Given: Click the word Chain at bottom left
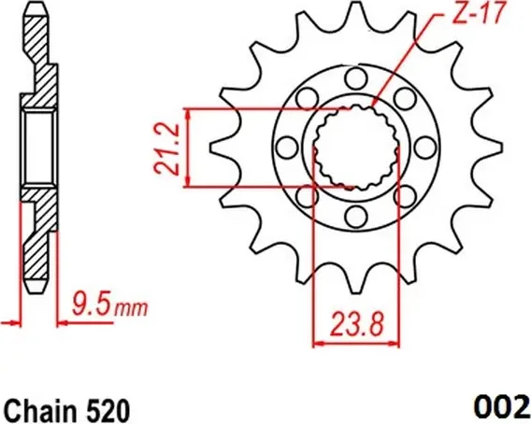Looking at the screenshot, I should pos(36,409).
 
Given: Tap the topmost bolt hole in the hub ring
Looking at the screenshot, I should pos(355,77).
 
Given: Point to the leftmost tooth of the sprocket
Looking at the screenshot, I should pos(221,147).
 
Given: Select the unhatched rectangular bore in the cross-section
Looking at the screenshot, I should pos(36,147).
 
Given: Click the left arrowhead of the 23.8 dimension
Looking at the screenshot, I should pos(317,343).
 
